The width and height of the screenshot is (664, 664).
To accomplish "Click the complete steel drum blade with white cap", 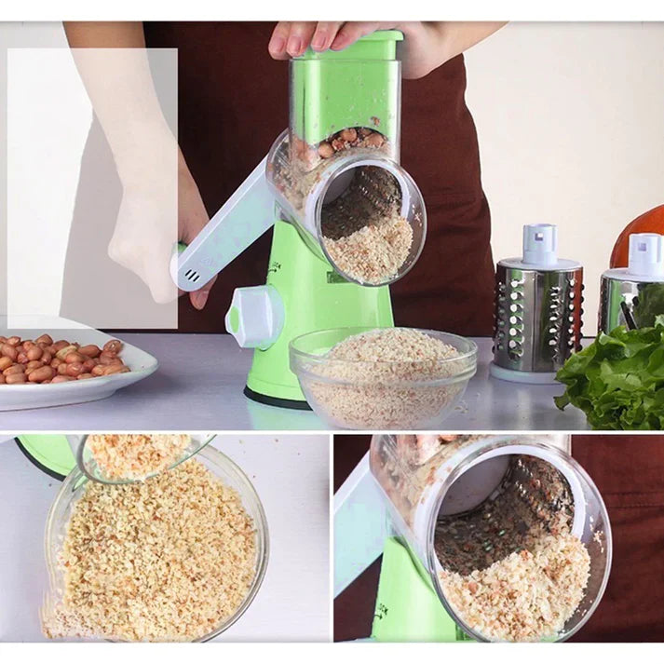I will pos(537,303).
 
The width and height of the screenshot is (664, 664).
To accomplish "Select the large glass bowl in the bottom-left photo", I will pos(154,549).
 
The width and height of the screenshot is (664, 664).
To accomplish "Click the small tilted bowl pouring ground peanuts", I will pos(140,456).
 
